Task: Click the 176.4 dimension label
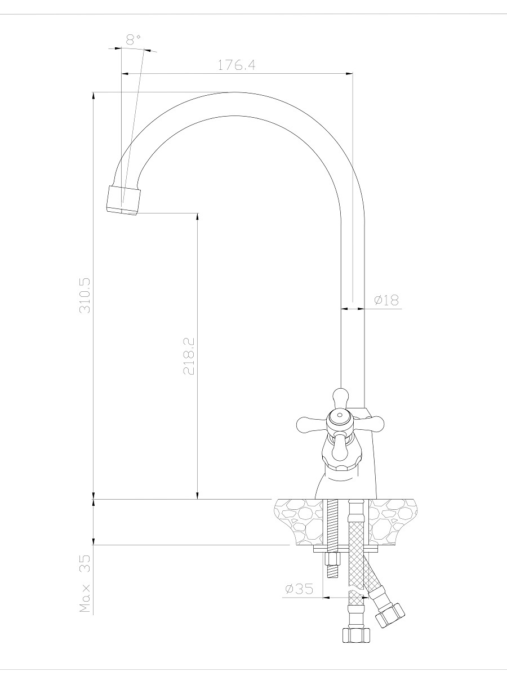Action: click(x=237, y=65)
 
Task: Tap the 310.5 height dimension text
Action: click(x=85, y=296)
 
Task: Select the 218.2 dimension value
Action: click(x=189, y=356)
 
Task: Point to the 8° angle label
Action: click(x=134, y=40)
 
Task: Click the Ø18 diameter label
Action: click(x=386, y=300)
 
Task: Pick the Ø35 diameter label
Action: click(x=299, y=589)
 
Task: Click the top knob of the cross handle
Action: click(x=341, y=397)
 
